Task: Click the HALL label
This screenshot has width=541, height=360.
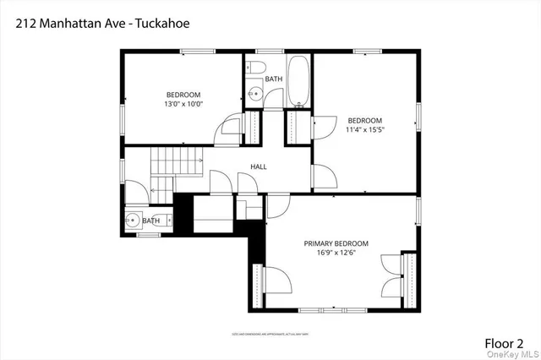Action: [259, 166]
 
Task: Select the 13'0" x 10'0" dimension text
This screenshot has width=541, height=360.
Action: [184, 104]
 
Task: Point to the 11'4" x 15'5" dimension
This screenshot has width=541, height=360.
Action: [364, 130]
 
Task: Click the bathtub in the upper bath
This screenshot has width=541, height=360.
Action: [299, 82]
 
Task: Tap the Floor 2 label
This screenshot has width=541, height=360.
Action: [504, 343]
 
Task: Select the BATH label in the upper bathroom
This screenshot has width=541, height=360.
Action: [274, 79]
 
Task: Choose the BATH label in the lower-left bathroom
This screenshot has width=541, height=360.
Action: [151, 221]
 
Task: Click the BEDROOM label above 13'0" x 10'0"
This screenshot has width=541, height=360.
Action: [183, 95]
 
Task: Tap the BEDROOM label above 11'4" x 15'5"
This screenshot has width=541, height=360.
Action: [364, 120]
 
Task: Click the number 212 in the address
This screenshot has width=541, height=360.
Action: [25, 23]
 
